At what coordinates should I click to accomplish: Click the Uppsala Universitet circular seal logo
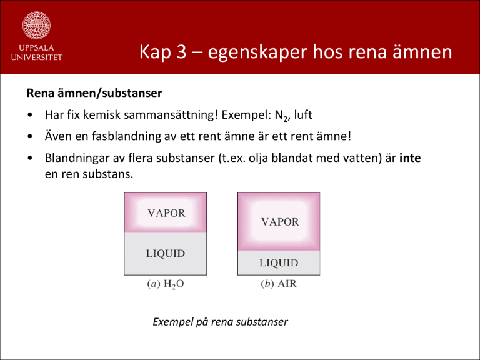pos(36,26)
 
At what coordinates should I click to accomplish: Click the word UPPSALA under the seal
pos(36,47)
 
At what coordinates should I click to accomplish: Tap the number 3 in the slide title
pos(181,51)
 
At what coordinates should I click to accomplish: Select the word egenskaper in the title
pos(257,52)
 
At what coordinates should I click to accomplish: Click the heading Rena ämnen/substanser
pos(94,93)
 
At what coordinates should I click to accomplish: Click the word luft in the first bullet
pos(303,115)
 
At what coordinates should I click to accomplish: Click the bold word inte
pos(410,158)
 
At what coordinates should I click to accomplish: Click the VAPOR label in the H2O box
pos(166,213)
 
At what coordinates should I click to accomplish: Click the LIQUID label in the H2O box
pos(165,254)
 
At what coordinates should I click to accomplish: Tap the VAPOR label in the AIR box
pos(280,222)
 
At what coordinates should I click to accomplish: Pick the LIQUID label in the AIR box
pos(279,263)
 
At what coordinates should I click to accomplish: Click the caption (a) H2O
pos(166,284)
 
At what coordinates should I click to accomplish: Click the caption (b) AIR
pos(279,284)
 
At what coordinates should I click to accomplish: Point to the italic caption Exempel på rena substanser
pos(221,322)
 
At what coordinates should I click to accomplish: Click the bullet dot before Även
pos(30,136)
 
